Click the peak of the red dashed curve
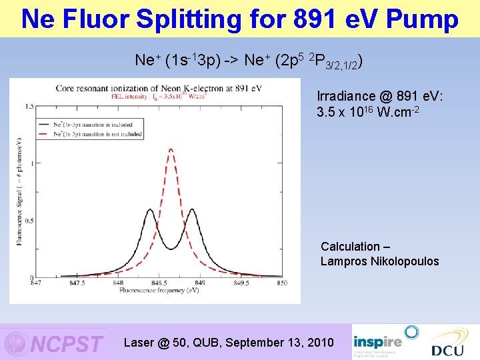tap(171, 149)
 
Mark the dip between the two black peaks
tap(171, 248)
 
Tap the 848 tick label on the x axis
tap(117, 283)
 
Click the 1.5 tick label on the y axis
tap(29, 107)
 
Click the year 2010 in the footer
tap(318, 343)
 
